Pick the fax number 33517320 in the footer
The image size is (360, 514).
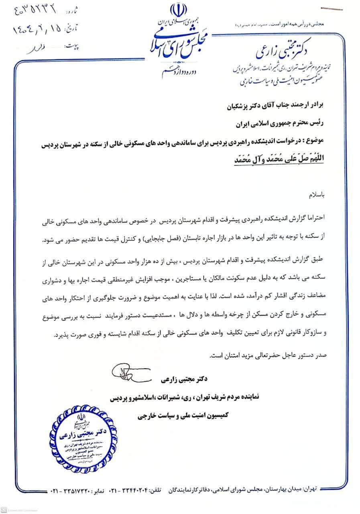point(77,491)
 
